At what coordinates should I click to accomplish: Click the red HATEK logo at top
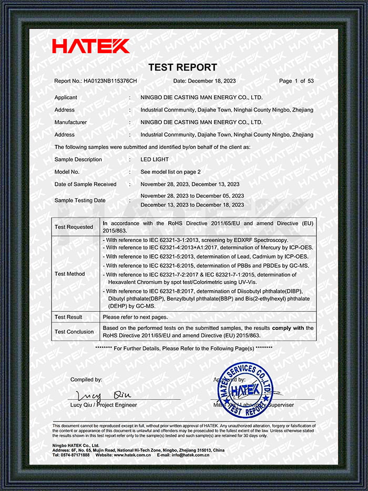pyautogui.click(x=90, y=46)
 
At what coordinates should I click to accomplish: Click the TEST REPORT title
pyautogui.click(x=182, y=67)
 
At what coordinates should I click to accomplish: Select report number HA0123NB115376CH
pyautogui.click(x=110, y=81)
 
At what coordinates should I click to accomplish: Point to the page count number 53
pyautogui.click(x=311, y=81)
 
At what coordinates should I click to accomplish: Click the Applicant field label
pyautogui.click(x=66, y=97)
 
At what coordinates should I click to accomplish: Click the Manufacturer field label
pyautogui.click(x=70, y=122)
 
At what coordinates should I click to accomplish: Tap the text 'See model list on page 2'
pyautogui.click(x=170, y=172)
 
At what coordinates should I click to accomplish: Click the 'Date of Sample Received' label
pyautogui.click(x=85, y=184)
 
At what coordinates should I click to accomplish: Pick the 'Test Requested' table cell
pyautogui.click(x=74, y=227)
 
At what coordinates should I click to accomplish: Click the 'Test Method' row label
pyautogui.click(x=70, y=274)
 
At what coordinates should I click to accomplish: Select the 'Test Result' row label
pyautogui.click(x=68, y=317)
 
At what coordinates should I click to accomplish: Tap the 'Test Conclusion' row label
pyautogui.click(x=74, y=332)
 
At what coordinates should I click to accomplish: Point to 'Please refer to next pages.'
pyautogui.click(x=135, y=317)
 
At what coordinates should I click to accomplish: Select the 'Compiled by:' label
pyautogui.click(x=86, y=379)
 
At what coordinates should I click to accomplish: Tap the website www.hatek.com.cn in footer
pyautogui.click(x=131, y=455)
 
